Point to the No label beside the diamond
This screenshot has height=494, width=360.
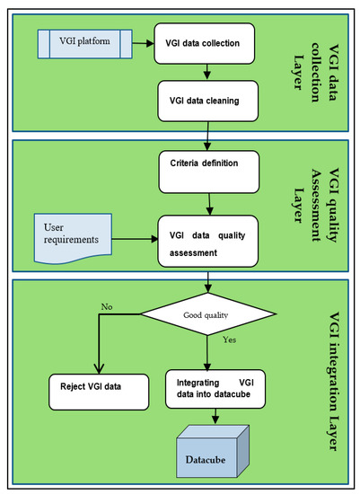click(x=107, y=306)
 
